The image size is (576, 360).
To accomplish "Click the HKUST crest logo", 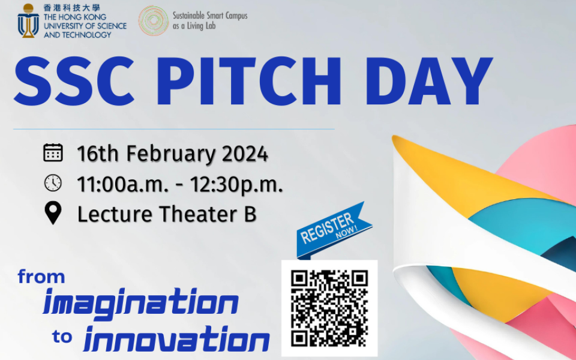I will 28,20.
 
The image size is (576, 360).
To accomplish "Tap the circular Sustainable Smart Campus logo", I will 153,20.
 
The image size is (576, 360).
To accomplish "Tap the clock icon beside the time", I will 53,183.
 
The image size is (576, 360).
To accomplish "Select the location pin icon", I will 53,213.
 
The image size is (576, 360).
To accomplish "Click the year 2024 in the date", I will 245,154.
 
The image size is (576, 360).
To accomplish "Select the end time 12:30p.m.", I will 236,184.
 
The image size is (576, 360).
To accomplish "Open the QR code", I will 329,308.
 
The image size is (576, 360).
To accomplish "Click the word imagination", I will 140,303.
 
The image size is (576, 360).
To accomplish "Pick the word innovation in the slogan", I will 176,340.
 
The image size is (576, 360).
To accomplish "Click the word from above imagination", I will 41,277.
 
